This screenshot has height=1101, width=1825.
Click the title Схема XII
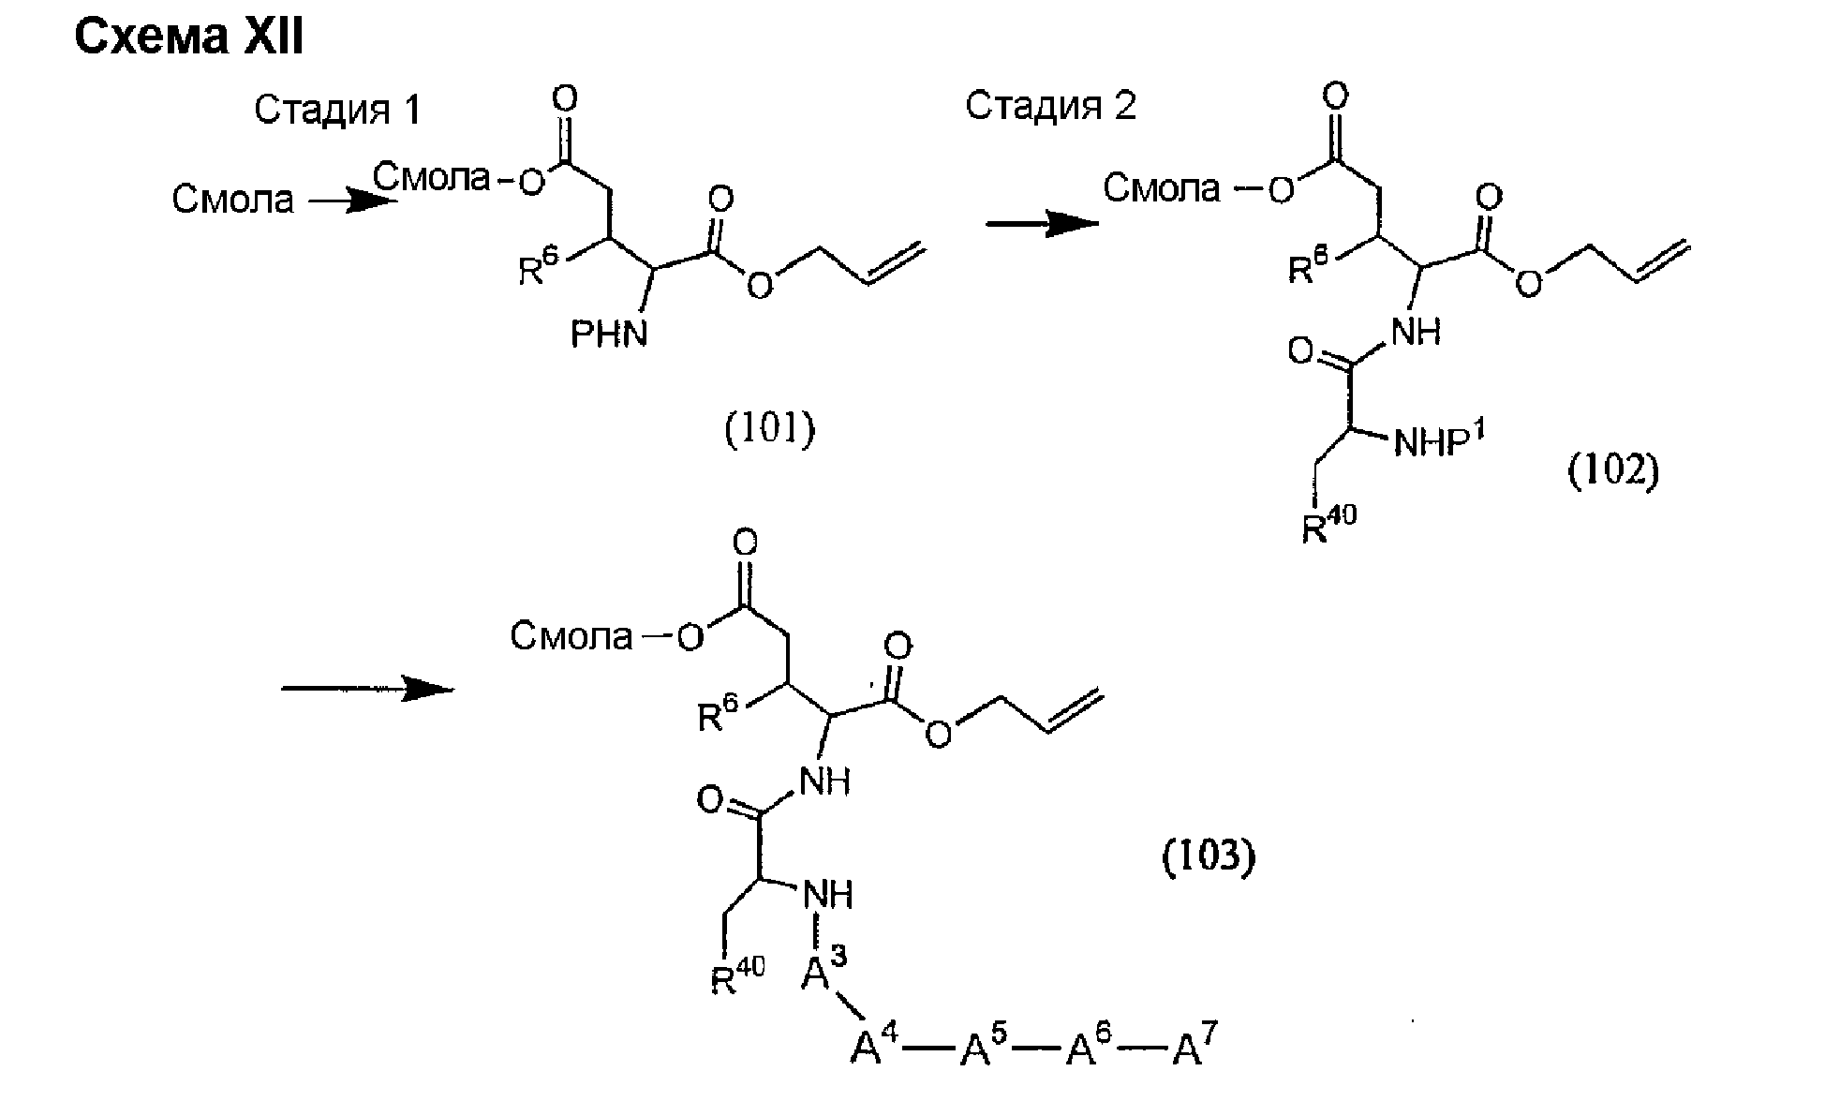point(188,37)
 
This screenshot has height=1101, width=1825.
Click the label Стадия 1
point(338,111)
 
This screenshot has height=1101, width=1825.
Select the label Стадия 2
point(1050,106)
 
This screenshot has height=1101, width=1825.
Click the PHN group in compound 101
point(610,334)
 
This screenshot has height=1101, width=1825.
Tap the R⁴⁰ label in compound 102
point(1328,525)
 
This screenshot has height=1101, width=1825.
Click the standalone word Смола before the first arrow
point(232,199)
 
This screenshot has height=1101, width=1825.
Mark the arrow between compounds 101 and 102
point(1042,223)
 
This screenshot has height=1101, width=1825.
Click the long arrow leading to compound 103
point(367,689)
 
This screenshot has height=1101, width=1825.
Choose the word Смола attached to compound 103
point(571,637)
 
